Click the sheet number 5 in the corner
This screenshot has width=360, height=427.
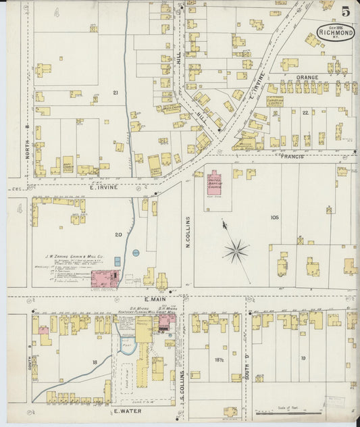[x=345, y=11]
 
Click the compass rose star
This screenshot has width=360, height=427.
[x=236, y=251]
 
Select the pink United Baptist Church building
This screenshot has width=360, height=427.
[x=214, y=183]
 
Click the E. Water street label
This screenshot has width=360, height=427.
[x=127, y=410]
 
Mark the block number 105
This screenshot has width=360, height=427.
[x=274, y=218]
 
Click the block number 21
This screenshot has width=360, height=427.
[x=115, y=92]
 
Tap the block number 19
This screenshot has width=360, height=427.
[x=303, y=358]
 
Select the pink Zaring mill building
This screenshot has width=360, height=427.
[x=105, y=278]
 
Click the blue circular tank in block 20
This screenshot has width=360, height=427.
[x=135, y=253]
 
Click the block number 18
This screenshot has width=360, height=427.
[x=95, y=363]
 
